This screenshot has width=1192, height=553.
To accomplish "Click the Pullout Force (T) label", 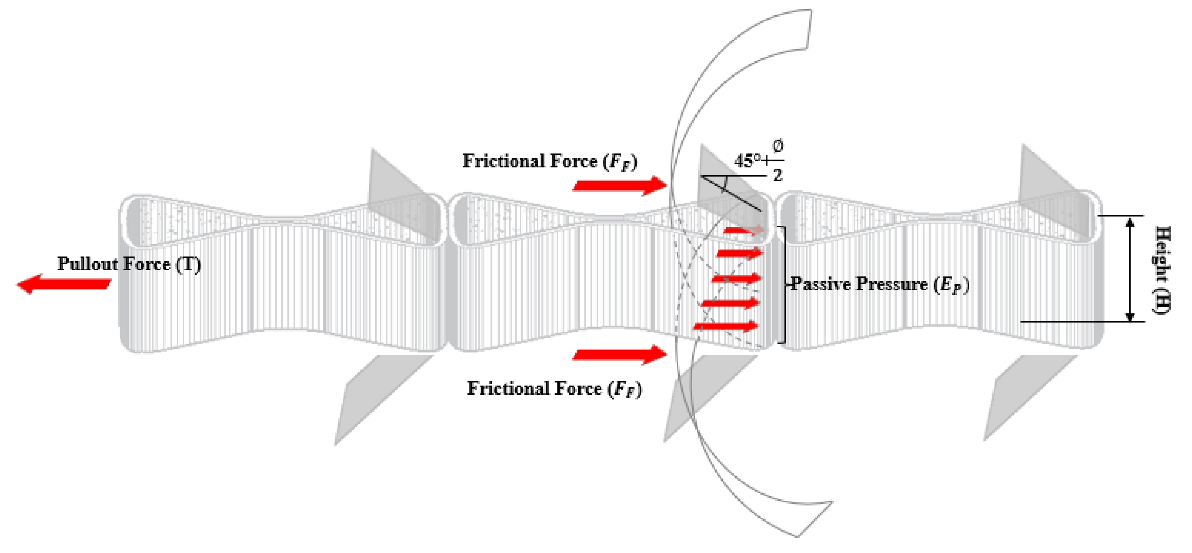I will [129, 264].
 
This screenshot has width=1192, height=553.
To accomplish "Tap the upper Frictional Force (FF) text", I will [550, 161].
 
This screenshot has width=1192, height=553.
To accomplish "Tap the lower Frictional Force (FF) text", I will [554, 389].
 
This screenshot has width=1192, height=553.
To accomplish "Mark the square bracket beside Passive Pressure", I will [782, 285].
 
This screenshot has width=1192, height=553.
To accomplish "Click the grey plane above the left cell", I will [398, 194].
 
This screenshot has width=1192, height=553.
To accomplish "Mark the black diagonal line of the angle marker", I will [731, 194].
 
